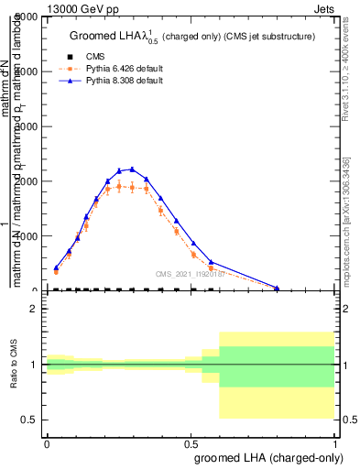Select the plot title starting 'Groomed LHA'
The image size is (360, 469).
click(x=192, y=36)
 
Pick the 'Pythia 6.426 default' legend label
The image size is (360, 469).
click(x=127, y=69)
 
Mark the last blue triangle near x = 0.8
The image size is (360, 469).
click(x=278, y=288)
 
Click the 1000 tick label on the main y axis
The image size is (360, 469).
click(x=29, y=236)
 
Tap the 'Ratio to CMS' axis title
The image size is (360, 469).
click(x=15, y=365)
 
